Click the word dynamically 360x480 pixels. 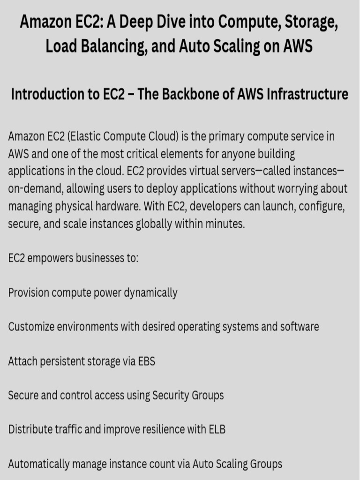pos(150,293)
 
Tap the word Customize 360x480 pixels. pos(31,326)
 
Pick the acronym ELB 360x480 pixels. pos(216,429)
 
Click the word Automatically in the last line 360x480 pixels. pos(38,464)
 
